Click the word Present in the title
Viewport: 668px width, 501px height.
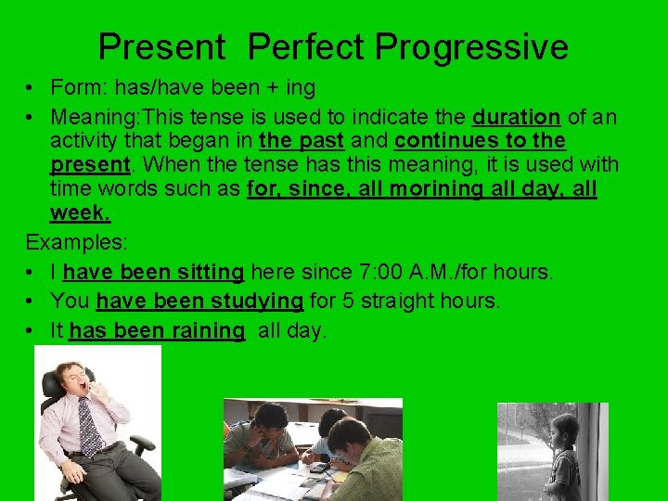pos(162,46)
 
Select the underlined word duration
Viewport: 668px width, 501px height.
pos(516,118)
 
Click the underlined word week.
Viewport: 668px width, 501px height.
pos(80,213)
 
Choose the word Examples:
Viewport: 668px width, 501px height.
pos(77,243)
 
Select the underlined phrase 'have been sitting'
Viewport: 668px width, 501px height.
pos(153,273)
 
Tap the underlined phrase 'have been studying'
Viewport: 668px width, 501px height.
pos(199,302)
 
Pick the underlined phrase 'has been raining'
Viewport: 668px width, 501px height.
pos(156,331)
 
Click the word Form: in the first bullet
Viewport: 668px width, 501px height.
pos(76,88)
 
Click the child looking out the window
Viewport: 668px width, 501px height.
pos(563,455)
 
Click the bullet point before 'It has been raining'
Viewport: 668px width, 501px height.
pos(32,331)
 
